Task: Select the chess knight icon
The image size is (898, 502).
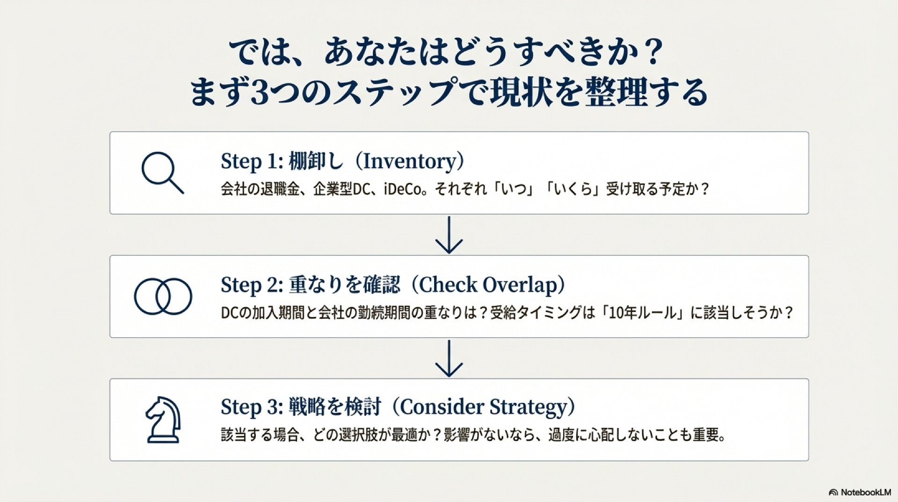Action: pyautogui.click(x=162, y=420)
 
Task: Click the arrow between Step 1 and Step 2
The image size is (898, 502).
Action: pyautogui.click(x=449, y=235)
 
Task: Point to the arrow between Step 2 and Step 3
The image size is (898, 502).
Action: pyautogui.click(x=449, y=358)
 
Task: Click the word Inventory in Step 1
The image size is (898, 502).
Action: pyautogui.click(x=409, y=162)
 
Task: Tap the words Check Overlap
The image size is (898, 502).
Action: pyautogui.click(x=488, y=285)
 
